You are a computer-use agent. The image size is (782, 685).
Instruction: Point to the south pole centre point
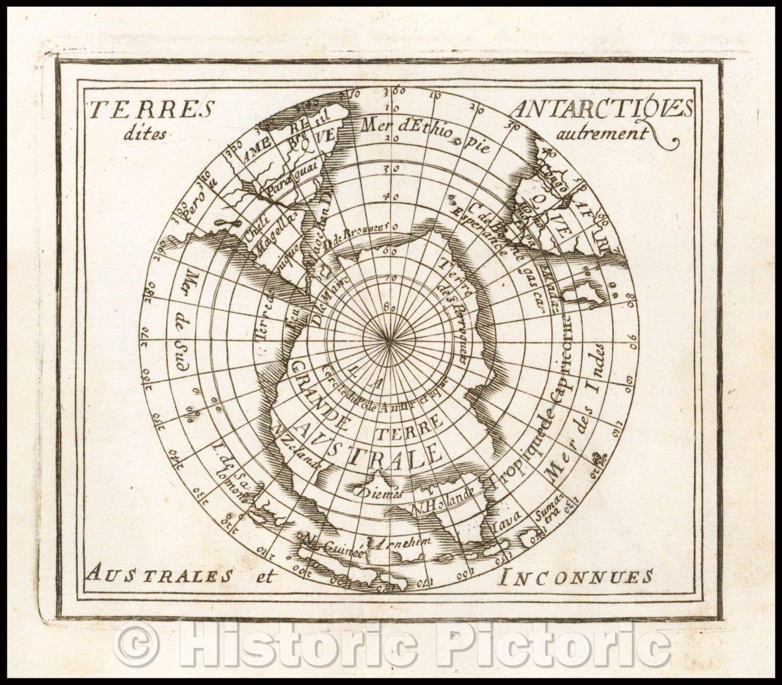(x=390, y=340)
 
